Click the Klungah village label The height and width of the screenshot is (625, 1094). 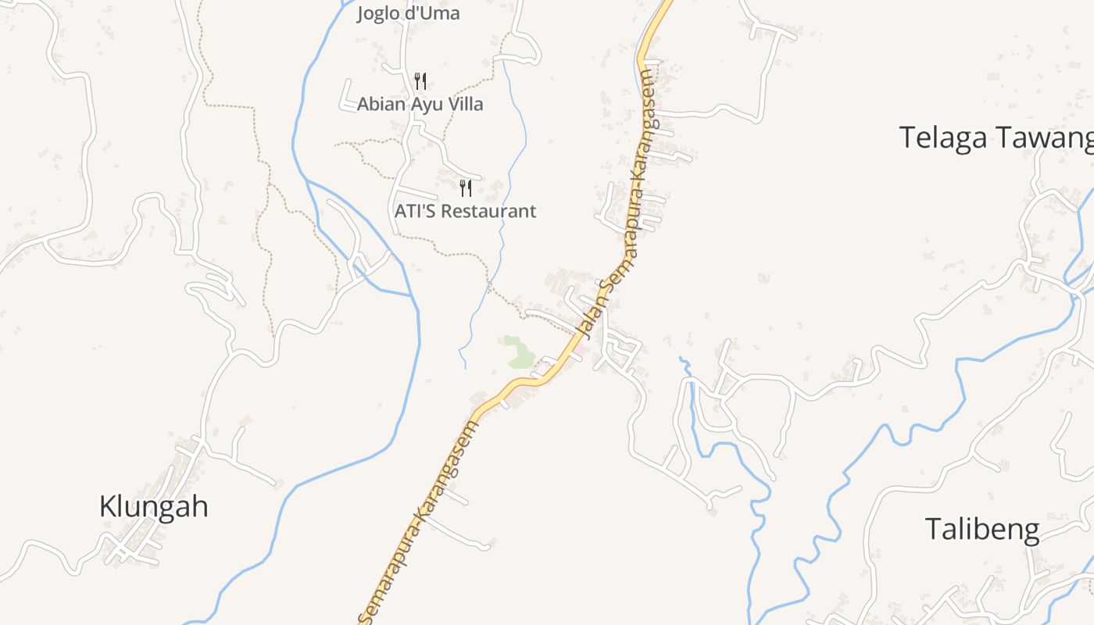[x=153, y=506]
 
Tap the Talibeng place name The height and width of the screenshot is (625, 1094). [x=982, y=529]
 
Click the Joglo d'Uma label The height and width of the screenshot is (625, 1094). [x=408, y=13]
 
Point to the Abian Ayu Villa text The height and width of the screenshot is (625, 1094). [x=420, y=104]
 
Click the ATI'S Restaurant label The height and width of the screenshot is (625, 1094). [x=465, y=211]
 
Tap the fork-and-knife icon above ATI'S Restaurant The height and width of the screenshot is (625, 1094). [x=466, y=187]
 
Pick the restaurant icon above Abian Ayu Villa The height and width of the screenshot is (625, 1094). [x=420, y=80]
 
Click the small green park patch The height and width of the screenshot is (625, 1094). [x=517, y=352]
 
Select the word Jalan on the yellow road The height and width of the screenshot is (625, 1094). [x=589, y=318]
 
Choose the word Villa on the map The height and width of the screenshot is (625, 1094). [x=467, y=104]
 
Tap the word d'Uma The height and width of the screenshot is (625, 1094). [x=435, y=13]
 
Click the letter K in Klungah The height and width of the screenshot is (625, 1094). [x=107, y=506]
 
